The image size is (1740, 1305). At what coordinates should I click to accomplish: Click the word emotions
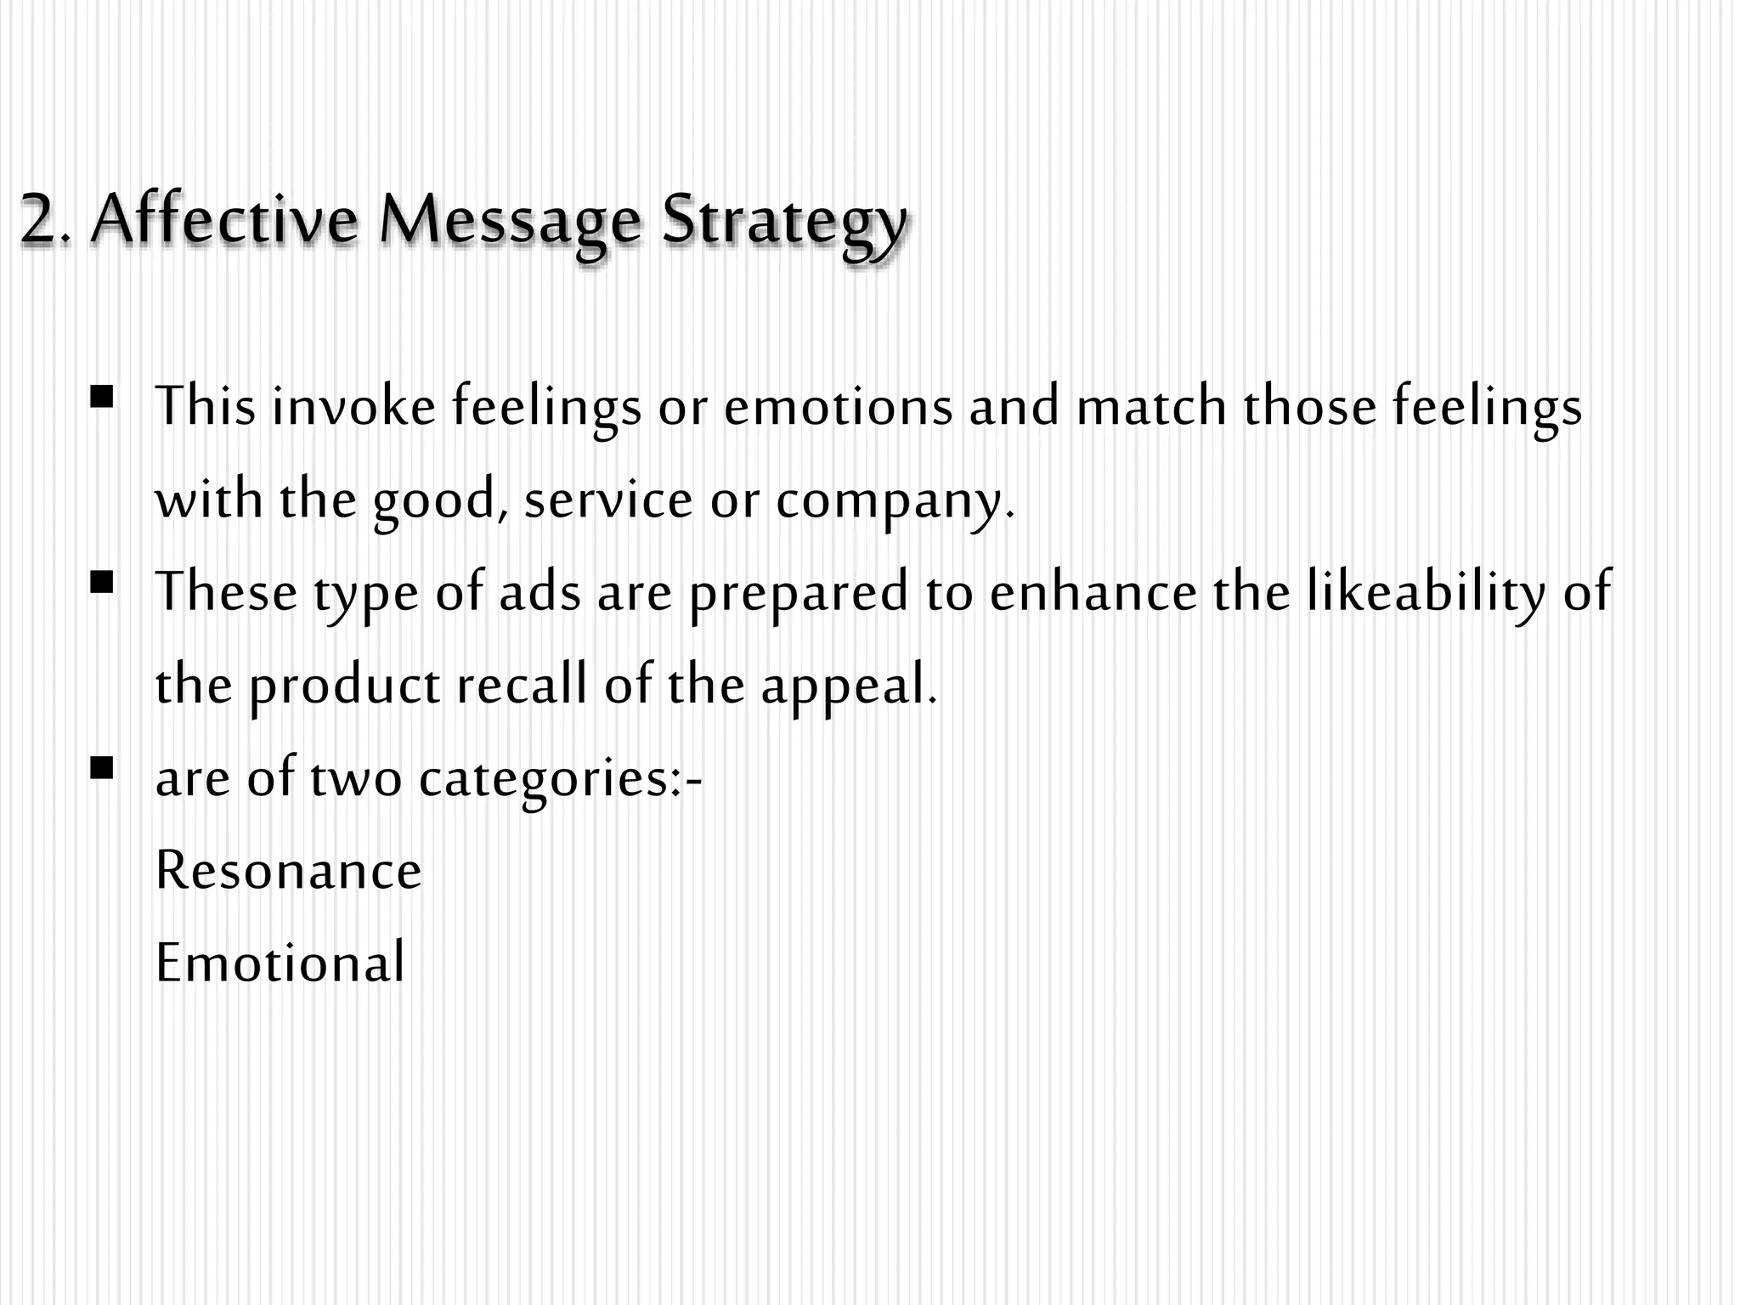coord(838,406)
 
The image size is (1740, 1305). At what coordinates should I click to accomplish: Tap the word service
coord(608,499)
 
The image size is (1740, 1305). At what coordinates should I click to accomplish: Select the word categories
coord(552,779)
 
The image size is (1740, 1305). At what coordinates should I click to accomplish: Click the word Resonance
coord(289,871)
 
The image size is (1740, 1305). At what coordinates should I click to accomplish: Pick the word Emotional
coord(280,963)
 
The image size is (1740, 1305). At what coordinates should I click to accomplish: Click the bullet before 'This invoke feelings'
coord(101,397)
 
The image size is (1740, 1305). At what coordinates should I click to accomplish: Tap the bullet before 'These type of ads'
coord(101,583)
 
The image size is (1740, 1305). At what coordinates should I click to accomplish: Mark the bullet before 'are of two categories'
coord(101,769)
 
